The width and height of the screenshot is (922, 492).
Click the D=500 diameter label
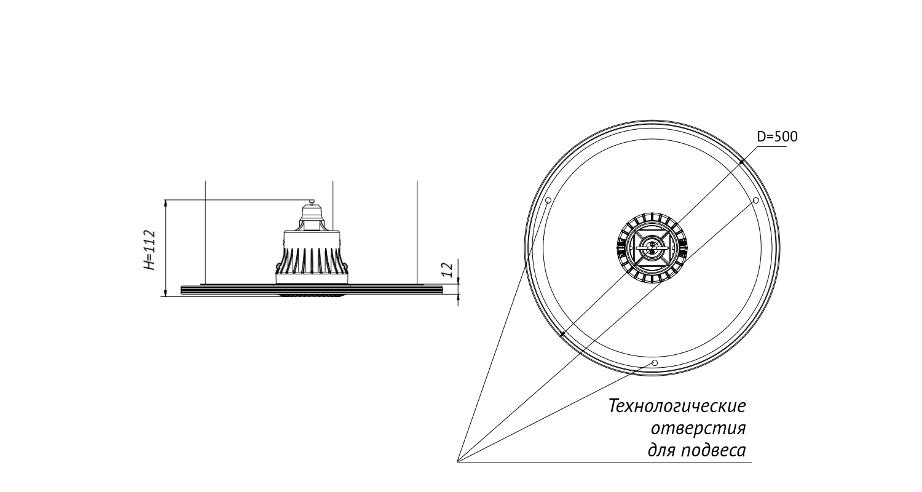(777, 137)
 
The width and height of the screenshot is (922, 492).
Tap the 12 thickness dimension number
(447, 269)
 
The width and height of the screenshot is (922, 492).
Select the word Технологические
(677, 406)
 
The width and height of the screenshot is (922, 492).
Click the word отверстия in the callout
(698, 428)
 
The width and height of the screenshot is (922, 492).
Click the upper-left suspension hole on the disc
(548, 200)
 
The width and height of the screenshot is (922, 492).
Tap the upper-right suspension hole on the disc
(755, 200)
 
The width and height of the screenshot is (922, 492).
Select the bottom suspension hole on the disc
(655, 363)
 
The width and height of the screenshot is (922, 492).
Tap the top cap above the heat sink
(312, 214)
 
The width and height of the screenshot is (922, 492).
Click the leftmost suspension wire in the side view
(205, 232)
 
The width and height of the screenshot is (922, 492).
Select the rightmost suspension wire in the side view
(417, 232)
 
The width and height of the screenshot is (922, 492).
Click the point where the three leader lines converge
(458, 462)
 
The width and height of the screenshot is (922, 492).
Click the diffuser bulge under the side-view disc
(311, 296)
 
